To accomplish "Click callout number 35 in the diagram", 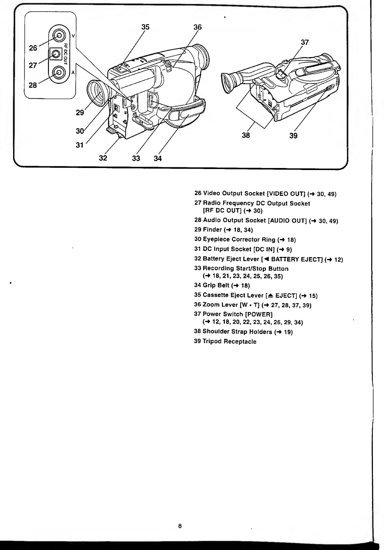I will click(x=145, y=27).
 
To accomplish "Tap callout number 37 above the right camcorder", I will click(x=304, y=42).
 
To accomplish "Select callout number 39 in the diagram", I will click(x=293, y=135).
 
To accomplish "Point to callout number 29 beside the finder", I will click(x=80, y=113).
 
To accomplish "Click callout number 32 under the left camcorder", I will click(x=103, y=158).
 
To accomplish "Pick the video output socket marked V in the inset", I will click(x=59, y=35).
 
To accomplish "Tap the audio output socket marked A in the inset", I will click(x=59, y=72).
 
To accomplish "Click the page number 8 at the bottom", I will click(x=180, y=526).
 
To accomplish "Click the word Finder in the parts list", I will click(x=212, y=230).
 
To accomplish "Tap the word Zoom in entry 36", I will click(x=211, y=305).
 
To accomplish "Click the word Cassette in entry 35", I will click(x=215, y=295).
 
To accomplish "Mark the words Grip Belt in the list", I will click(x=216, y=285).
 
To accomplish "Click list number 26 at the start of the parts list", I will click(x=198, y=194).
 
